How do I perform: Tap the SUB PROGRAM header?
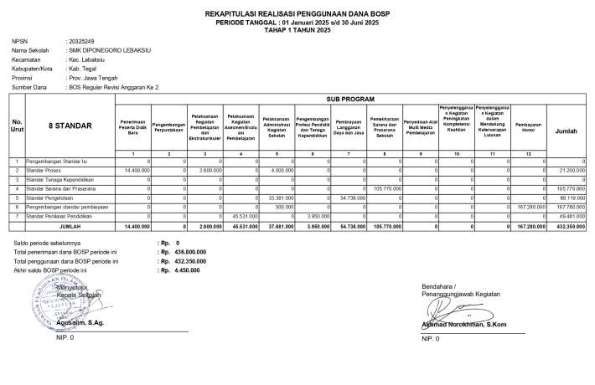[351, 99]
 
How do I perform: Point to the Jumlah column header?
[566, 131]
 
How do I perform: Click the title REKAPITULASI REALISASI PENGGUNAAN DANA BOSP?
[297, 14]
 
